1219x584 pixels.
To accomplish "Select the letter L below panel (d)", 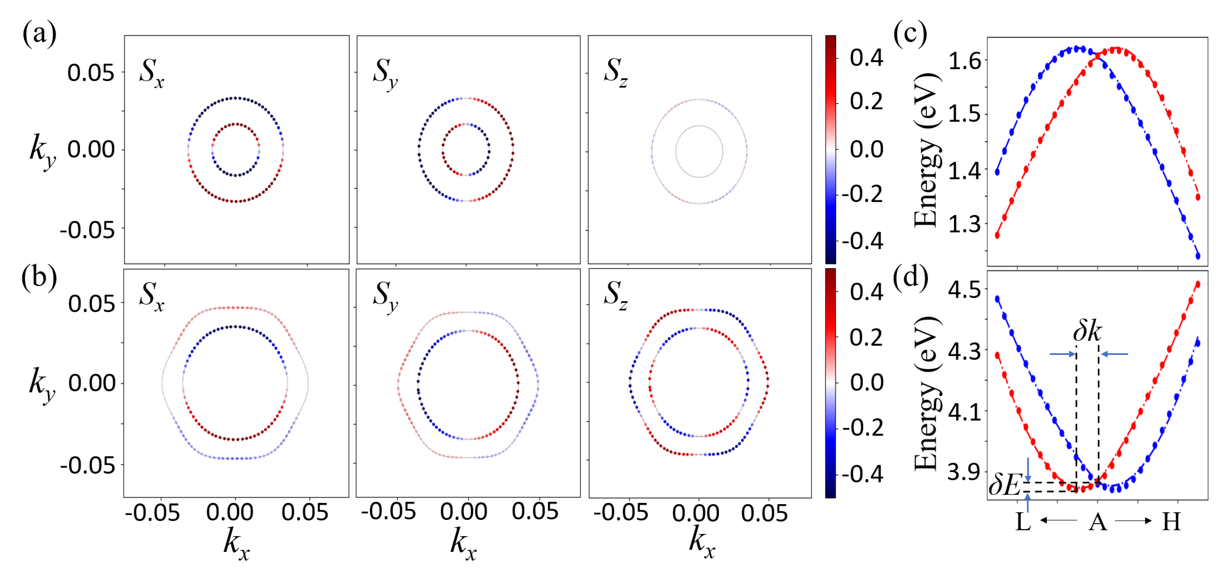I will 1023,522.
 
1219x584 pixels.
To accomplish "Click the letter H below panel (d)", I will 1171,522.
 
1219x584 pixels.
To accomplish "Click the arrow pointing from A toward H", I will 1133,521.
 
